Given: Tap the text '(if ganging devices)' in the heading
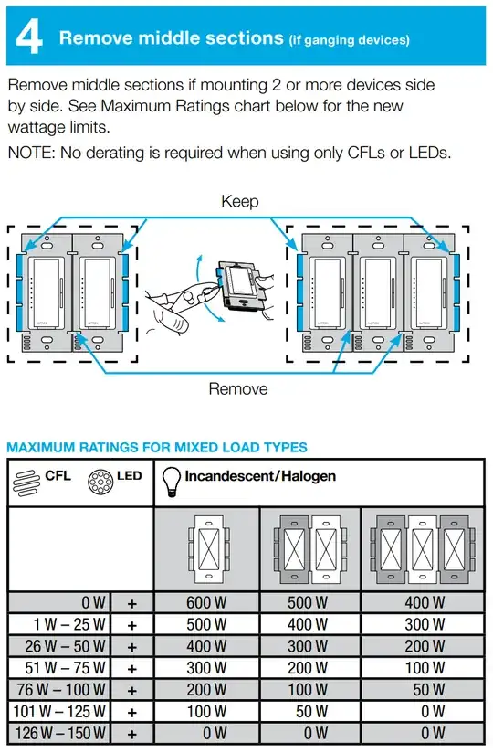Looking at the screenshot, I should click(x=349, y=39).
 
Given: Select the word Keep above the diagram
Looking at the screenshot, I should click(x=240, y=201).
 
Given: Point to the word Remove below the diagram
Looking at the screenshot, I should click(x=238, y=388).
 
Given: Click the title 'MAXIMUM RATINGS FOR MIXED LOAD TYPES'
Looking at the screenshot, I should click(x=157, y=448).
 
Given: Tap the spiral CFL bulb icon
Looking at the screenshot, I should click(x=25, y=483).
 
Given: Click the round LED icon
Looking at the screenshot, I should click(x=100, y=483).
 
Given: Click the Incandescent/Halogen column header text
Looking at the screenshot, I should click(x=260, y=476).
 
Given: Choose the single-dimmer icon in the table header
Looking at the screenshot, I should click(x=207, y=551).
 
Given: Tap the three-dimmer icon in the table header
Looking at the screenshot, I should click(x=423, y=551).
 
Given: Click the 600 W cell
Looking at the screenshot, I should click(x=207, y=602).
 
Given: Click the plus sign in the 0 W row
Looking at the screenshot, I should click(x=131, y=603).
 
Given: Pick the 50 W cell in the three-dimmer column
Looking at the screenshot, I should click(x=425, y=690).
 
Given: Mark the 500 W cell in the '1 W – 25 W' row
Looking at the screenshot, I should click(x=207, y=624).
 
